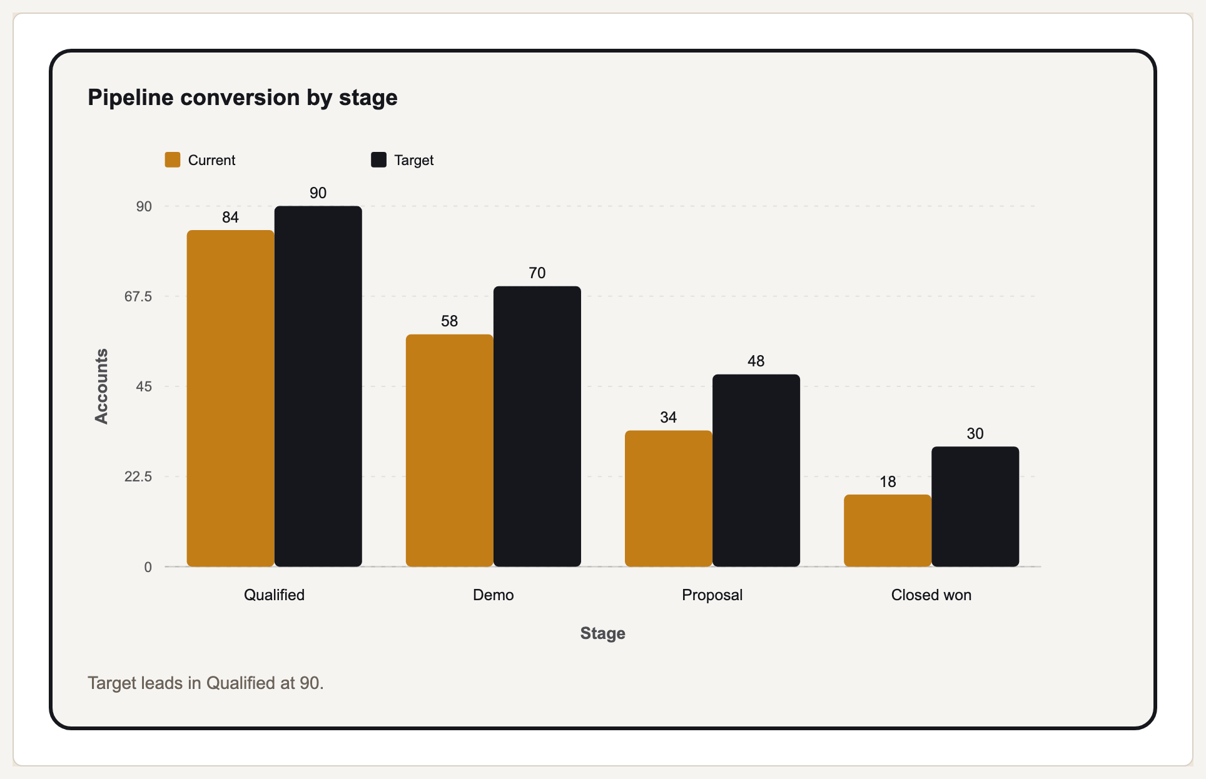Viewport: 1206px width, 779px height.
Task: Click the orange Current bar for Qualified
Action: pyautogui.click(x=230, y=398)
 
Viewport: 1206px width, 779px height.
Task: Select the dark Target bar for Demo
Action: pyautogui.click(x=537, y=426)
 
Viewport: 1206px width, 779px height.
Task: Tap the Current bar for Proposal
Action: pyautogui.click(x=669, y=499)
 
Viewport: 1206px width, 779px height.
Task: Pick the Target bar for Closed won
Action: pyautogui.click(x=975, y=506)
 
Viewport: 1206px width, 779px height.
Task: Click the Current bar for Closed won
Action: pyautogui.click(x=888, y=531)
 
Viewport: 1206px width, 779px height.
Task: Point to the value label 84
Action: pyautogui.click(x=230, y=217)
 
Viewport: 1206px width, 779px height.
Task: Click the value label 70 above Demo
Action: pyautogui.click(x=537, y=273)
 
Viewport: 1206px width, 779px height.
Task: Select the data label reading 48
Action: pyautogui.click(x=756, y=361)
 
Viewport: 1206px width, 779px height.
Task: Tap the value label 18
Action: pyautogui.click(x=888, y=481)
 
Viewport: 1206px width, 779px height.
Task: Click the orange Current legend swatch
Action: pyautogui.click(x=173, y=159)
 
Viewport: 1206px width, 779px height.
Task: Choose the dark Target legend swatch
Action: pyautogui.click(x=378, y=159)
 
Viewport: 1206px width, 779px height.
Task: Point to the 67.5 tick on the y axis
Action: pyautogui.click(x=138, y=296)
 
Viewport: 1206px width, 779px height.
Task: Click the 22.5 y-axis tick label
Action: pyautogui.click(x=138, y=476)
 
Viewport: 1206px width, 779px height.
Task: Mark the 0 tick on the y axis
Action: pyautogui.click(x=148, y=567)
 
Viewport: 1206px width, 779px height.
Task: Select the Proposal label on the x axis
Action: pyautogui.click(x=712, y=595)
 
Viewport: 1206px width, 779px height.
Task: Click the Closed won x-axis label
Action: pyautogui.click(x=931, y=595)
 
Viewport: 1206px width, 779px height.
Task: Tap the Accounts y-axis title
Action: pyautogui.click(x=101, y=386)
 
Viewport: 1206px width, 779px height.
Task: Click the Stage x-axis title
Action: pyautogui.click(x=603, y=633)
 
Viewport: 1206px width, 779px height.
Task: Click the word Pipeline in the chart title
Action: pyautogui.click(x=131, y=98)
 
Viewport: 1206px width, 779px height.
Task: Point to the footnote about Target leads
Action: pyautogui.click(x=206, y=683)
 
